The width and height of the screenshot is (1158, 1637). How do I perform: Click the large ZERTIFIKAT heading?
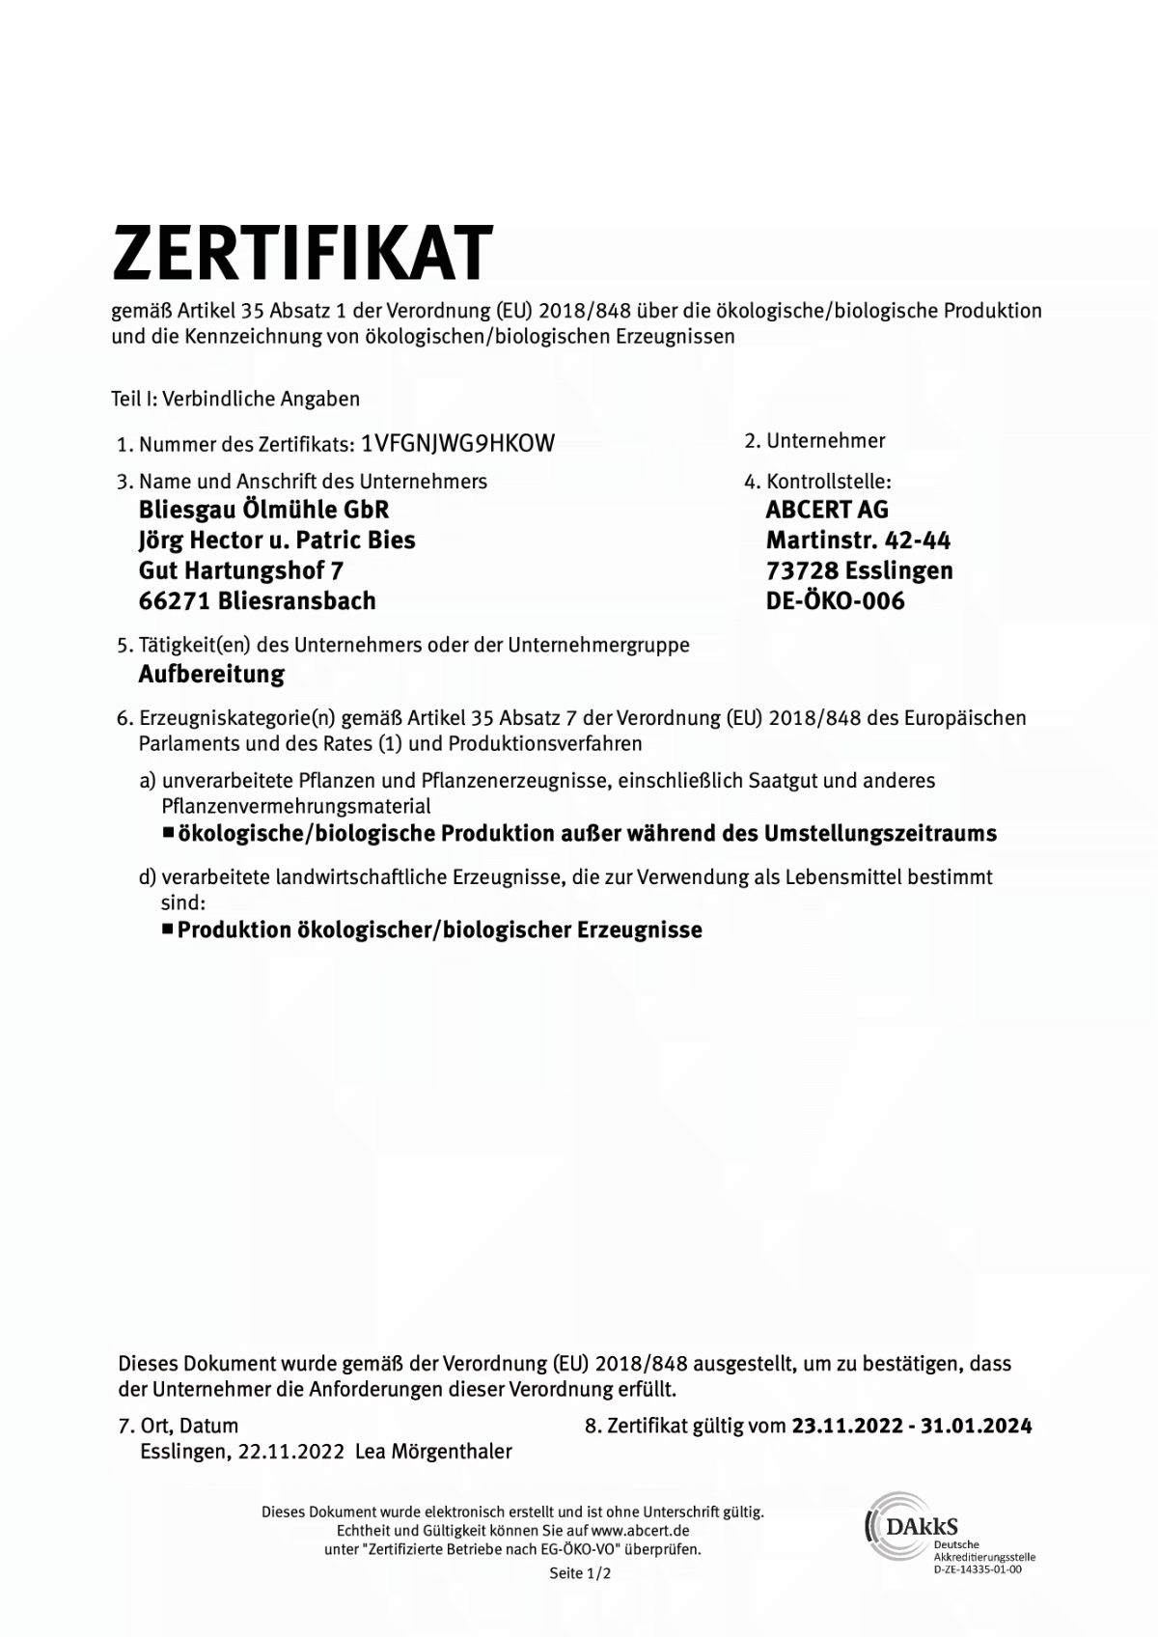coord(302,253)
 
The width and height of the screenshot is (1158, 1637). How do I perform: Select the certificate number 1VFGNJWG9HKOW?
coord(457,443)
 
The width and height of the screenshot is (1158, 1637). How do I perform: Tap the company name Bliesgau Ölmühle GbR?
coord(263,510)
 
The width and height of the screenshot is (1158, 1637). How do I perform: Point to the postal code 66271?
coord(175,600)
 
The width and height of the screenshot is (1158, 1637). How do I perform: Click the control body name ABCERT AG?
coord(827,510)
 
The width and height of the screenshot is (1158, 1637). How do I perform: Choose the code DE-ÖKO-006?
coord(835,600)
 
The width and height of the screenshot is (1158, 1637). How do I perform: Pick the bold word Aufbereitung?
coord(211,674)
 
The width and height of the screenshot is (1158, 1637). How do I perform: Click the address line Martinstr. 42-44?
coord(858,541)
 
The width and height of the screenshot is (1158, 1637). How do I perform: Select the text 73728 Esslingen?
coord(859,570)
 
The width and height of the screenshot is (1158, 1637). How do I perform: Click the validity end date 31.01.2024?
coord(976,1426)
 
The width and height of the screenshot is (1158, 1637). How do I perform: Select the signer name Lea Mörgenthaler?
coord(433,1452)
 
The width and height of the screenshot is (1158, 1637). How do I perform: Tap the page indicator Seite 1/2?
coord(580,1573)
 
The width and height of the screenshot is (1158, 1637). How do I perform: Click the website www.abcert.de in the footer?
coord(640,1531)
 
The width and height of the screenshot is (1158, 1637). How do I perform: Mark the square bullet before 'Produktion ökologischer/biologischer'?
coord(168,929)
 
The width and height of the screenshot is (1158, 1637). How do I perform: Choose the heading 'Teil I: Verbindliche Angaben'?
coord(235,399)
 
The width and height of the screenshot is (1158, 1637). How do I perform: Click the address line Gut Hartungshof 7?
coord(241,570)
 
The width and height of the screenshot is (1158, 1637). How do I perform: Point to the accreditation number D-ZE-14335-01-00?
coord(977,1569)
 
